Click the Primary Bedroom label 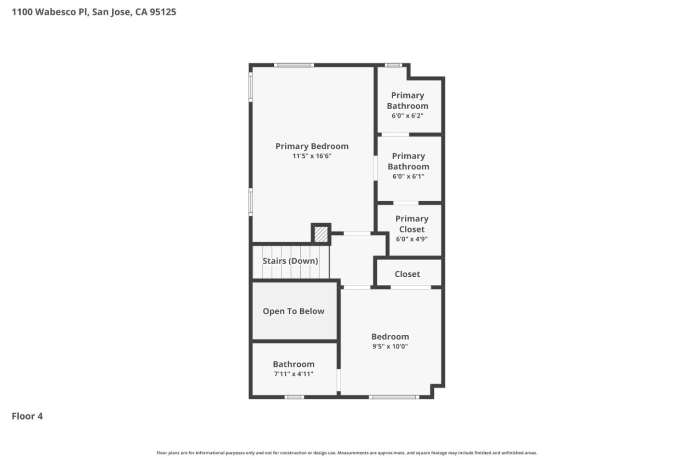point(312,146)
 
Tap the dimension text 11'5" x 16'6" point(312,156)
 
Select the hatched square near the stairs point(321,234)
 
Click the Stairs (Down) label point(290,261)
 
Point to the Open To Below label point(294,311)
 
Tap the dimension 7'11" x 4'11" point(294,374)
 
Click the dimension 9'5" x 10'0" point(390,346)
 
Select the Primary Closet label point(412,224)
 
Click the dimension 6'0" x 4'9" point(412,239)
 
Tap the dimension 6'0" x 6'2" point(407,116)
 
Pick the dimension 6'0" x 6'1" point(408,177)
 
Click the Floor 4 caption point(27,416)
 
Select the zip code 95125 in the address point(163,12)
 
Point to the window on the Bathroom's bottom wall point(294,397)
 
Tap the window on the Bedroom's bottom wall point(394,397)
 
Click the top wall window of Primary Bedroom point(294,65)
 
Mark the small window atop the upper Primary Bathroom point(393,65)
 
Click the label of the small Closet point(407,274)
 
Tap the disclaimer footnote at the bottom point(347,453)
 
